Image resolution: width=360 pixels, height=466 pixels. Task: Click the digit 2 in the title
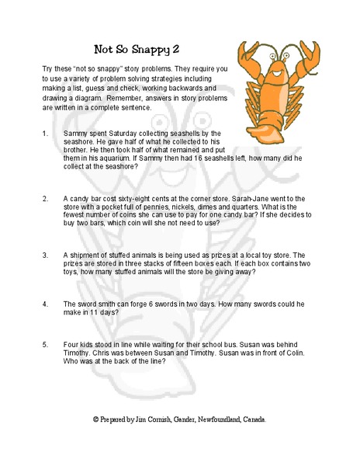click(185, 50)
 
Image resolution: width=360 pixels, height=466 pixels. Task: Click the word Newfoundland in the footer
click(213, 419)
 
